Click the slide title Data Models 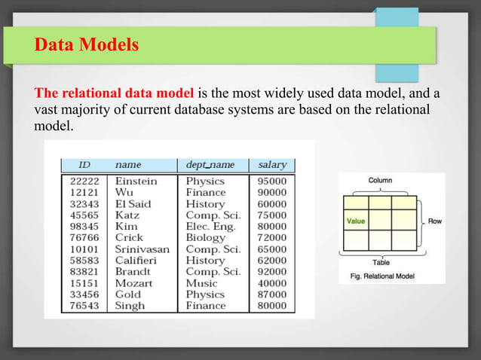(x=87, y=46)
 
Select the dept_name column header (x=210, y=164)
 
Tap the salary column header (x=272, y=164)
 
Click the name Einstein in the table (x=136, y=182)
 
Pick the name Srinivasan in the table (x=142, y=249)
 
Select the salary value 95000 (x=272, y=182)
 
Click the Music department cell (x=201, y=283)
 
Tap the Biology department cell (x=205, y=238)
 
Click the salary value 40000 (x=272, y=283)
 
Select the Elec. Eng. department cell (x=210, y=227)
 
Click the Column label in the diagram (x=379, y=181)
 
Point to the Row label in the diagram (x=436, y=221)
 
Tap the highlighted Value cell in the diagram (x=356, y=221)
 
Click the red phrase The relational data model (x=115, y=94)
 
